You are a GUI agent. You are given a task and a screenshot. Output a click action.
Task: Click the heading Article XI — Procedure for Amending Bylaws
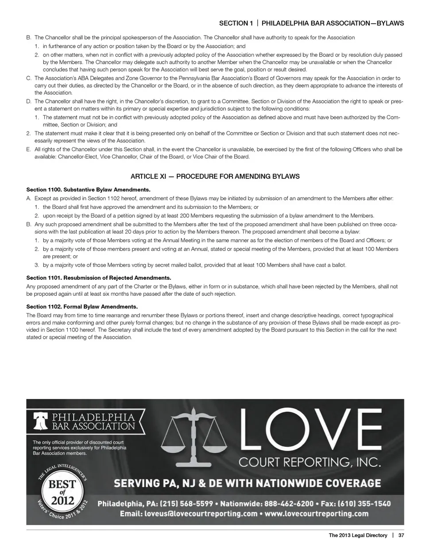215,176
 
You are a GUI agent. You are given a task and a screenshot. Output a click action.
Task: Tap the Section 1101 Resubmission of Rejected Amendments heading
98,278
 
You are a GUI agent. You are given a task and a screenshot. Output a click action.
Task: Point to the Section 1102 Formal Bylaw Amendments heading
82,306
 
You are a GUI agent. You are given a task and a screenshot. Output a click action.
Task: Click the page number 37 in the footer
401,535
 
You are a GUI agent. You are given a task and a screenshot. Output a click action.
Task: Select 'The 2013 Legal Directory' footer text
358,535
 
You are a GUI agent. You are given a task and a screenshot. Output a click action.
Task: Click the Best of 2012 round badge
62,492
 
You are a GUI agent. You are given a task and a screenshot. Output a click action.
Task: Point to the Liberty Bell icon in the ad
41,422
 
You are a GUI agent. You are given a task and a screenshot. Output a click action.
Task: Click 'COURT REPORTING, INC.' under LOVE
309,463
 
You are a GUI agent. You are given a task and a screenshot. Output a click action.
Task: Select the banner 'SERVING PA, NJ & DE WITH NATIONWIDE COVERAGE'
247,483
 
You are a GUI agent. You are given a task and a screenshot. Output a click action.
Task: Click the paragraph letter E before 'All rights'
28,149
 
